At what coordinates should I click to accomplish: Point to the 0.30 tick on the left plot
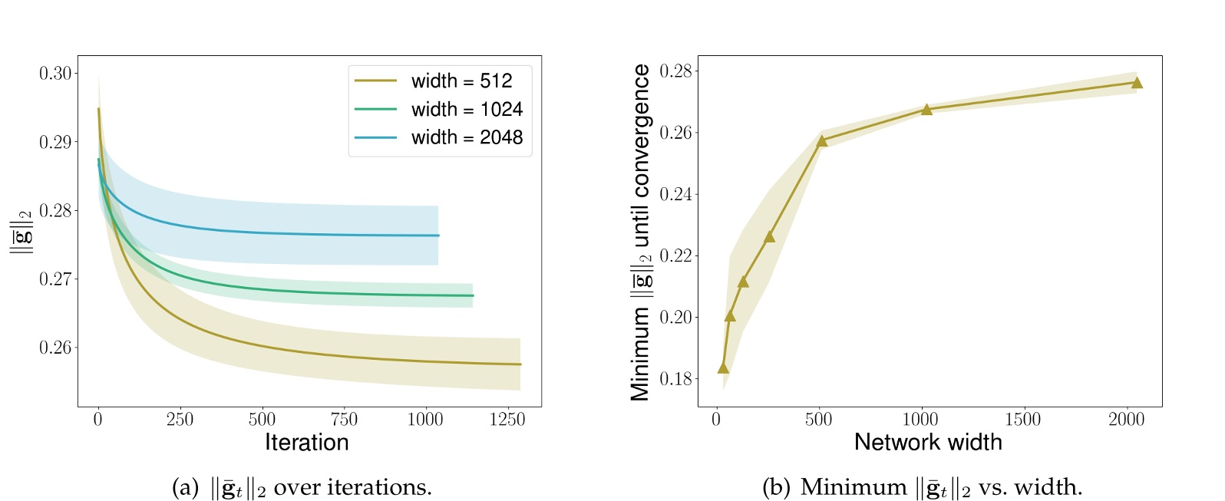click(x=55, y=73)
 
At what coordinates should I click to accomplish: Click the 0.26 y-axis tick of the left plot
click(x=55, y=348)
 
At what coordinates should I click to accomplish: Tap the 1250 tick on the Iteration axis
click(x=507, y=419)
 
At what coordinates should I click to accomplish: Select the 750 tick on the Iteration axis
click(x=344, y=419)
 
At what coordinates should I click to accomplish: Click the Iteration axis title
click(x=306, y=443)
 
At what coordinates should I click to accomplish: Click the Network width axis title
click(x=928, y=443)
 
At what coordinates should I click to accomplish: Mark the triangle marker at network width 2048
click(x=1137, y=83)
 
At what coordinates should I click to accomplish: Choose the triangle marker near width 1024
click(x=926, y=110)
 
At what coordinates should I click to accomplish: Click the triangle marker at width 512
click(x=822, y=141)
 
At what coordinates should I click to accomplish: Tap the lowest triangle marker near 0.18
click(x=723, y=368)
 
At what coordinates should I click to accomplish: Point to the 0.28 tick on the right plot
click(x=675, y=71)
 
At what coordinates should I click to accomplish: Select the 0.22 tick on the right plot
click(x=675, y=255)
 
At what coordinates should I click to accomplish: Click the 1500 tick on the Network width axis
click(x=1022, y=419)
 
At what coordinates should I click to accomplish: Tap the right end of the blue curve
click(x=438, y=236)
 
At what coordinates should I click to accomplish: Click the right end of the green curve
click(x=473, y=295)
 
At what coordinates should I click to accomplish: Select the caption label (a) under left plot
click(x=186, y=488)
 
